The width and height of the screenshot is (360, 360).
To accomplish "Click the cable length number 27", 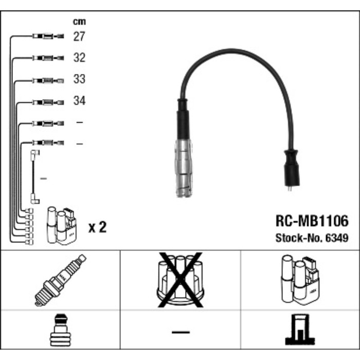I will pos(79,36).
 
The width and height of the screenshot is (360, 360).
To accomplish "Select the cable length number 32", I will pos(79,58).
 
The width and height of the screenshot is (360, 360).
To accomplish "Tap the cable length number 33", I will pos(79,79).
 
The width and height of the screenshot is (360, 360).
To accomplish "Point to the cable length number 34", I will pos(79,101).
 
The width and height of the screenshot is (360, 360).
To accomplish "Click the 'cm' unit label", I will pos(79,22).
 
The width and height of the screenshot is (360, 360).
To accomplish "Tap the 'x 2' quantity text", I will pos(97,227).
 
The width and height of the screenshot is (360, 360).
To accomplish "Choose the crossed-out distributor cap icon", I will pos(179,280).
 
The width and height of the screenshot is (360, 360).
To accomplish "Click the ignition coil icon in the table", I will pos(300,280).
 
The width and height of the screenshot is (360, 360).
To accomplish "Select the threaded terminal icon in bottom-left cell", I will pos(61,331).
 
